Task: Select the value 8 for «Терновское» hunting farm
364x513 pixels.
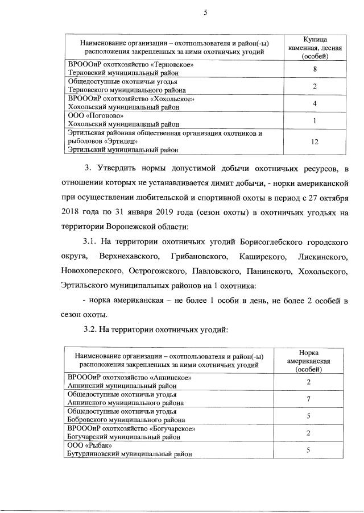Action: tap(314, 69)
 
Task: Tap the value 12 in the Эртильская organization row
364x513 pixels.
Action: tap(314, 143)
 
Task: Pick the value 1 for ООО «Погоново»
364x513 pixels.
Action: tap(314, 120)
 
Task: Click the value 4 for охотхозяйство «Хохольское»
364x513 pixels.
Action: tap(314, 103)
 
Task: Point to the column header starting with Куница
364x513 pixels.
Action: tap(314, 48)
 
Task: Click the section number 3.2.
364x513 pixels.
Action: tap(92, 328)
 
